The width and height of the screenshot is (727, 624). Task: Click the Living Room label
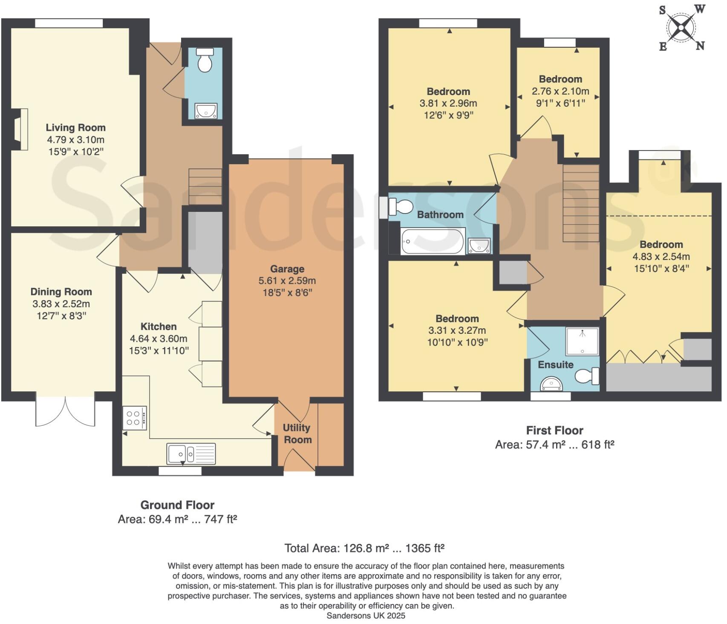pyautogui.click(x=75, y=127)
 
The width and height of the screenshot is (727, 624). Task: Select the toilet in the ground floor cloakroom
pyautogui.click(x=205, y=60)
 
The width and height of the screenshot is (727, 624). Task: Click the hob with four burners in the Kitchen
pyautogui.click(x=134, y=418)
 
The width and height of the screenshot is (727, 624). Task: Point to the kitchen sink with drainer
pyautogui.click(x=192, y=454)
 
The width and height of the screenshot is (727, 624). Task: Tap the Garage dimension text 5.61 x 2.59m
pyautogui.click(x=287, y=281)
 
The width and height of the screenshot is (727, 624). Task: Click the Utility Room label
pyautogui.click(x=297, y=433)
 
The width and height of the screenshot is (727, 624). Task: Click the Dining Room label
pyautogui.click(x=61, y=292)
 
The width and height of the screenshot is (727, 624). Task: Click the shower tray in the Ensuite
pyautogui.click(x=582, y=341)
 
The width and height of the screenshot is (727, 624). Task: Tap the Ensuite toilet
pyautogui.click(x=587, y=376)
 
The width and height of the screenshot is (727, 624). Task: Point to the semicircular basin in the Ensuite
pyautogui.click(x=551, y=384)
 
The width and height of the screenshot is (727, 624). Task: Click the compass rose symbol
pyautogui.click(x=681, y=28)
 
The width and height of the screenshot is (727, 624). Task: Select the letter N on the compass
pyautogui.click(x=700, y=46)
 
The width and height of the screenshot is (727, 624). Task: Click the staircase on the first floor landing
pyautogui.click(x=581, y=203)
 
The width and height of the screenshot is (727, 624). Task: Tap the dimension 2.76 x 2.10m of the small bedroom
pyautogui.click(x=560, y=91)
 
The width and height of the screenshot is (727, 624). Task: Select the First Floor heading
pyautogui.click(x=554, y=430)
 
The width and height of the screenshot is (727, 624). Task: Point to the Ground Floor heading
pyautogui.click(x=177, y=505)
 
